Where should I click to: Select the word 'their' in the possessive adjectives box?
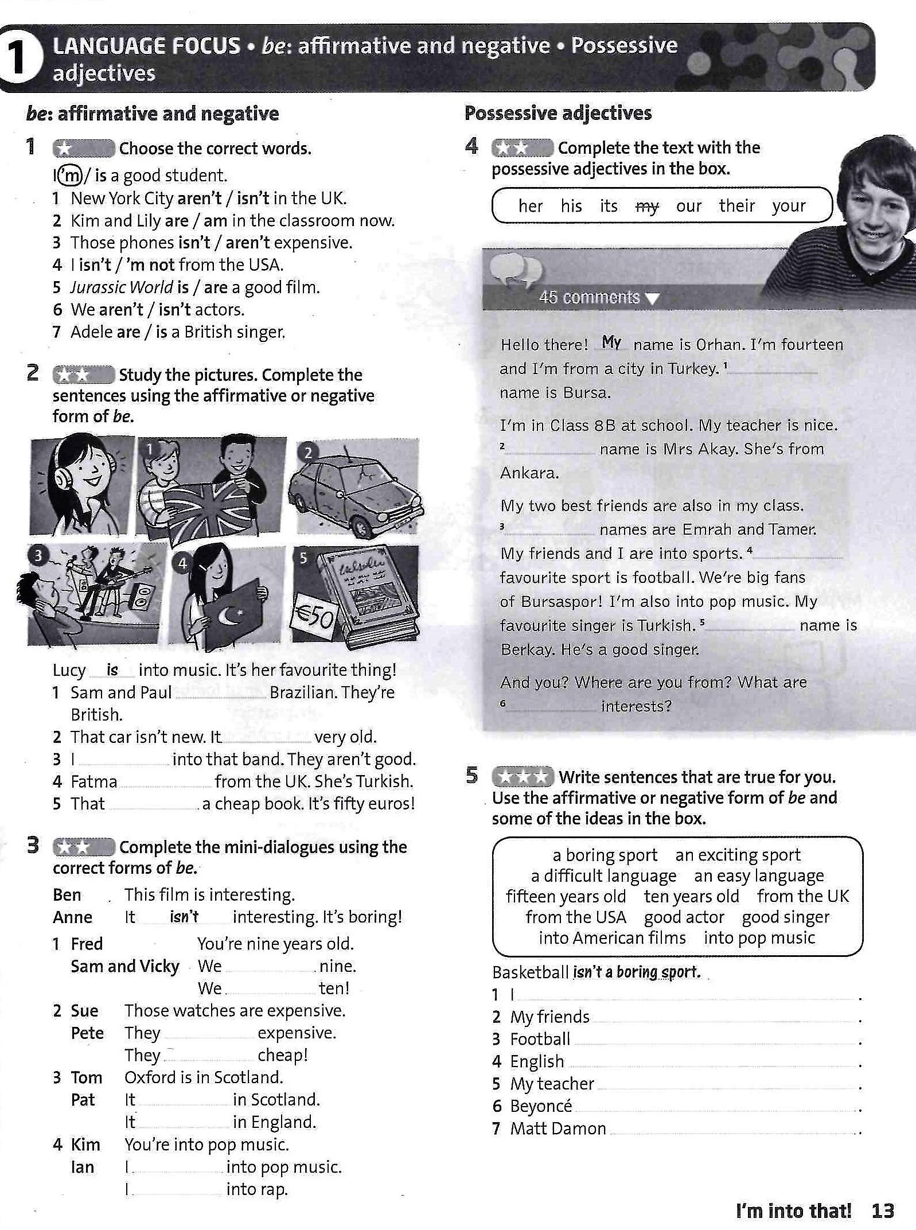736,205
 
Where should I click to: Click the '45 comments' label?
589,297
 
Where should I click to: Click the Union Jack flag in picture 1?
209,511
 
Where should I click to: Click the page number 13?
882,1210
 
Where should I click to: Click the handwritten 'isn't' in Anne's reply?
184,917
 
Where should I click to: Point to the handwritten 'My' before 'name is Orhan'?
611,342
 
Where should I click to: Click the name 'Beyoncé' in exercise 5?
541,1106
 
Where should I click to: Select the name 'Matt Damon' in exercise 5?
558,1128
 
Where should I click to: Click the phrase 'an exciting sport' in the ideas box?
737,855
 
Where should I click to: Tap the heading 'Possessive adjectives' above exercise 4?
558,113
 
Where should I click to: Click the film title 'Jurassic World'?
122,287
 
